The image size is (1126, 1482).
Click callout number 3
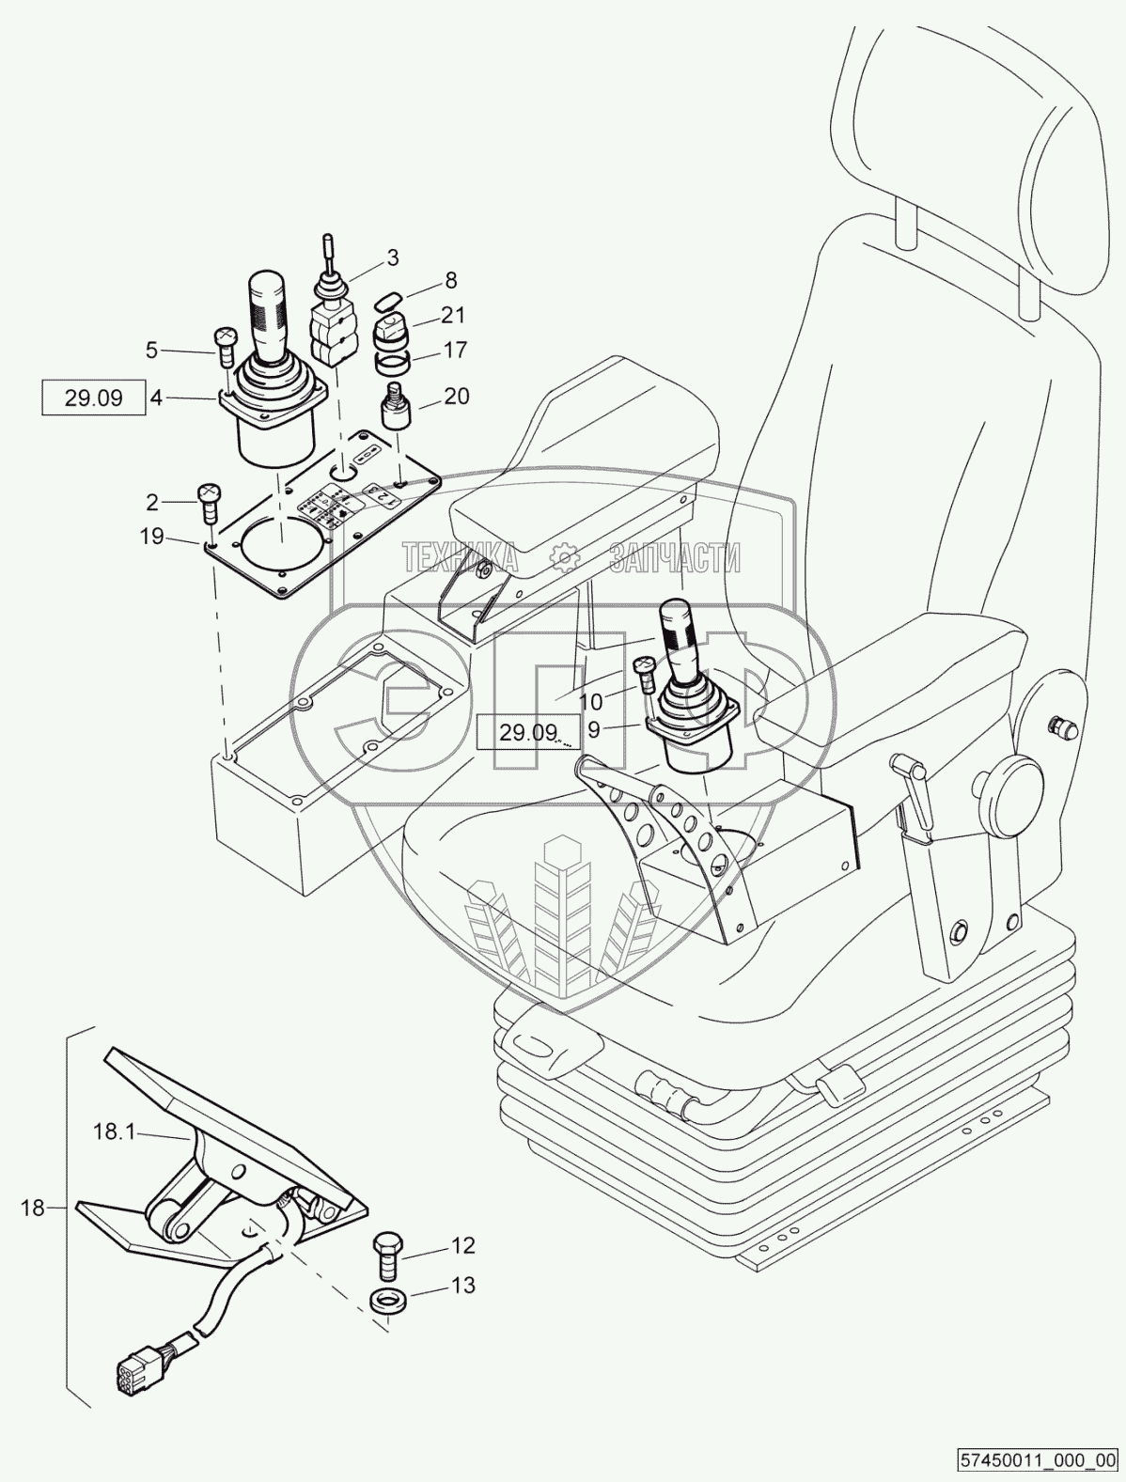[x=393, y=257]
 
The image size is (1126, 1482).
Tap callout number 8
[x=450, y=279]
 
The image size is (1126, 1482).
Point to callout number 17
[x=455, y=351]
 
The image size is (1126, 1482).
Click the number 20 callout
[x=456, y=396]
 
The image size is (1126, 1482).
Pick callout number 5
[x=152, y=351]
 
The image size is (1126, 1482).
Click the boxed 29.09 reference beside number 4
[x=94, y=398]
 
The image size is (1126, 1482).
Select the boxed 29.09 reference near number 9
[x=528, y=732]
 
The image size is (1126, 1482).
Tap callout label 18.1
[x=115, y=1132]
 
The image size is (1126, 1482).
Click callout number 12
[x=463, y=1246]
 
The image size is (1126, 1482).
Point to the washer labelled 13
[x=386, y=1303]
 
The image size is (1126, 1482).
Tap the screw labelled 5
[x=226, y=348]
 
